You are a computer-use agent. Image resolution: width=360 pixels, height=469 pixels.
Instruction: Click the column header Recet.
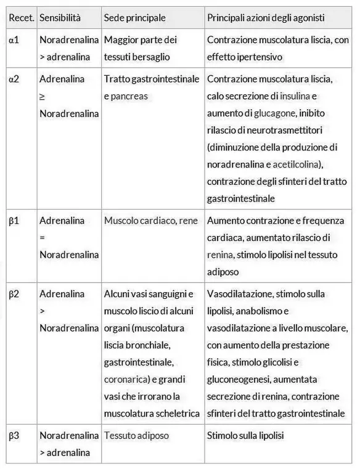coord(21,17)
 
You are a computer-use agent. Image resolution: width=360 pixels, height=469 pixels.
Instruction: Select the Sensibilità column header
coord(60,17)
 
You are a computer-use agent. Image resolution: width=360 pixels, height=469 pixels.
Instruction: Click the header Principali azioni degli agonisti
coord(266,17)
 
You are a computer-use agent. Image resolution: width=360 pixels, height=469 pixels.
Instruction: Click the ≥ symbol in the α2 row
coord(43,97)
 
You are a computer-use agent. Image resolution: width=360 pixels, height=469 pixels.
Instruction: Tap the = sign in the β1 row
coord(42,237)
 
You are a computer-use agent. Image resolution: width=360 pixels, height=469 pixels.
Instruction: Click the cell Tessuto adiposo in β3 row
coord(136,436)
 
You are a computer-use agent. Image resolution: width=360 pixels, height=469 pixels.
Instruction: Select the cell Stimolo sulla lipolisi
coord(245,436)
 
